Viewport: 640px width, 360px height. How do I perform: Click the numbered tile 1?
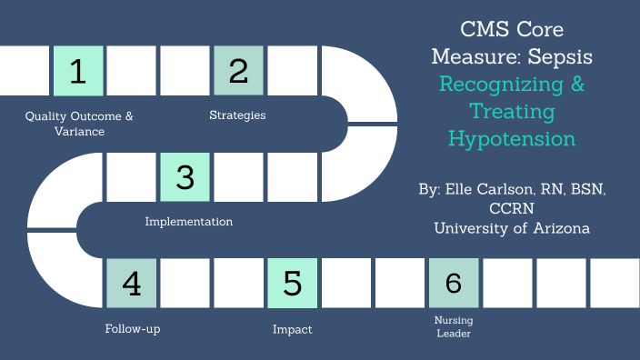click(x=78, y=71)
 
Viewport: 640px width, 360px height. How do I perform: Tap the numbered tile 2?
click(x=239, y=71)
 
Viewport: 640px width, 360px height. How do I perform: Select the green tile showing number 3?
click(x=185, y=176)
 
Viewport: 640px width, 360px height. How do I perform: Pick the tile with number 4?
click(x=132, y=284)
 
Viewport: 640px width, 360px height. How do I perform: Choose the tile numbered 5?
click(x=293, y=284)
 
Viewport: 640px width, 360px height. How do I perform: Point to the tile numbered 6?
click(x=454, y=284)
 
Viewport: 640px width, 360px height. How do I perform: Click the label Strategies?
click(x=237, y=115)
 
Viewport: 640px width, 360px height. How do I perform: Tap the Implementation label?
click(x=189, y=222)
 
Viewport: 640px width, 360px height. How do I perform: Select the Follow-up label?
click(x=133, y=329)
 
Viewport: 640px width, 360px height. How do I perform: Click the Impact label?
click(x=293, y=329)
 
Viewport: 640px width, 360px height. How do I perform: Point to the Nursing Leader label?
click(x=454, y=326)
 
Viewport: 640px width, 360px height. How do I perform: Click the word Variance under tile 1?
click(x=78, y=132)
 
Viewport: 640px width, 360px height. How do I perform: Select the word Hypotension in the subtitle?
click(x=512, y=139)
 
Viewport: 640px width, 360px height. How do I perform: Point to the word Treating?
click(x=513, y=112)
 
